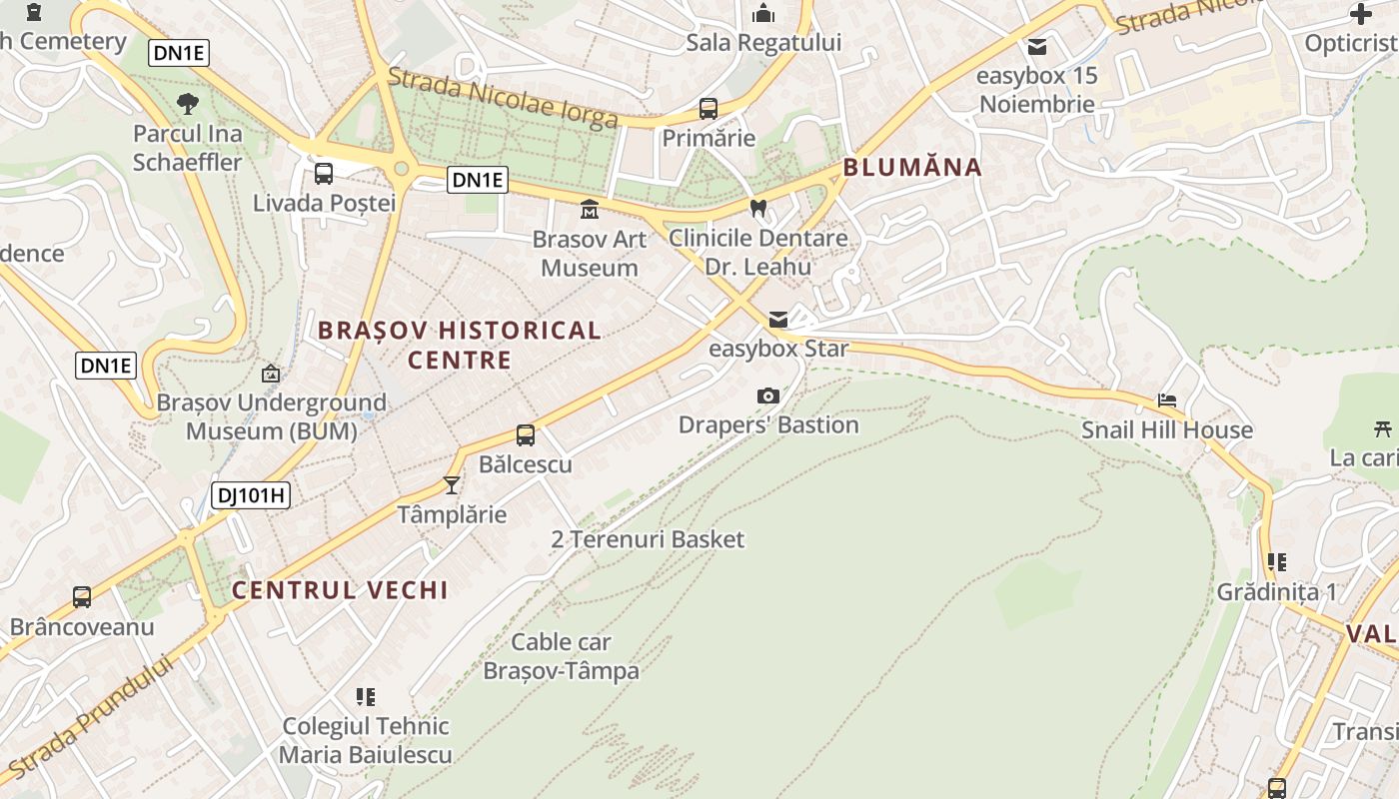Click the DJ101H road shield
coord(250,494)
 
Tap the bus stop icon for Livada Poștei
coord(324,174)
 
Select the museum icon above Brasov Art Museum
coord(590,210)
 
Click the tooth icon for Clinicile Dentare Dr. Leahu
coord(757,209)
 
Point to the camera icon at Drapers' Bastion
coord(768,396)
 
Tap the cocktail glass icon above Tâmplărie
coord(452,485)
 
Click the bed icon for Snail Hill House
coord(1167,400)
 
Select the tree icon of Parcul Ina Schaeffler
coord(187,103)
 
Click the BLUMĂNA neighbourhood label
coord(912,167)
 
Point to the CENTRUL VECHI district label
coord(340,590)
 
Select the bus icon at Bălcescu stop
coord(526,435)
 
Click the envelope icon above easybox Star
coord(778,320)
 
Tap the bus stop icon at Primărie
coord(708,109)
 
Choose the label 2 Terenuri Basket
coord(648,539)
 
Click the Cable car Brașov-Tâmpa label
coord(561,655)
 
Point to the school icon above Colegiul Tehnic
coord(366,696)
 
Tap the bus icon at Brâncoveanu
coord(82,597)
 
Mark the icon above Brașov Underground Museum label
coord(271,375)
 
